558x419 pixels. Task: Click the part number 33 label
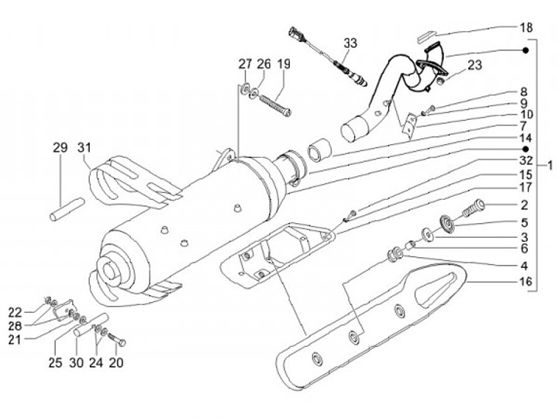point(350,44)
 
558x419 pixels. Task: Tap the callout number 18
point(526,28)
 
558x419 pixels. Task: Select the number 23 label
point(474,65)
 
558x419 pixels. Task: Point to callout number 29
point(61,147)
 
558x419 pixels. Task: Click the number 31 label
point(84,147)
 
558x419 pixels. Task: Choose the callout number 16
point(525,283)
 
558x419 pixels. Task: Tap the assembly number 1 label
point(549,165)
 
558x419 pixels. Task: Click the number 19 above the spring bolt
point(283,64)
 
